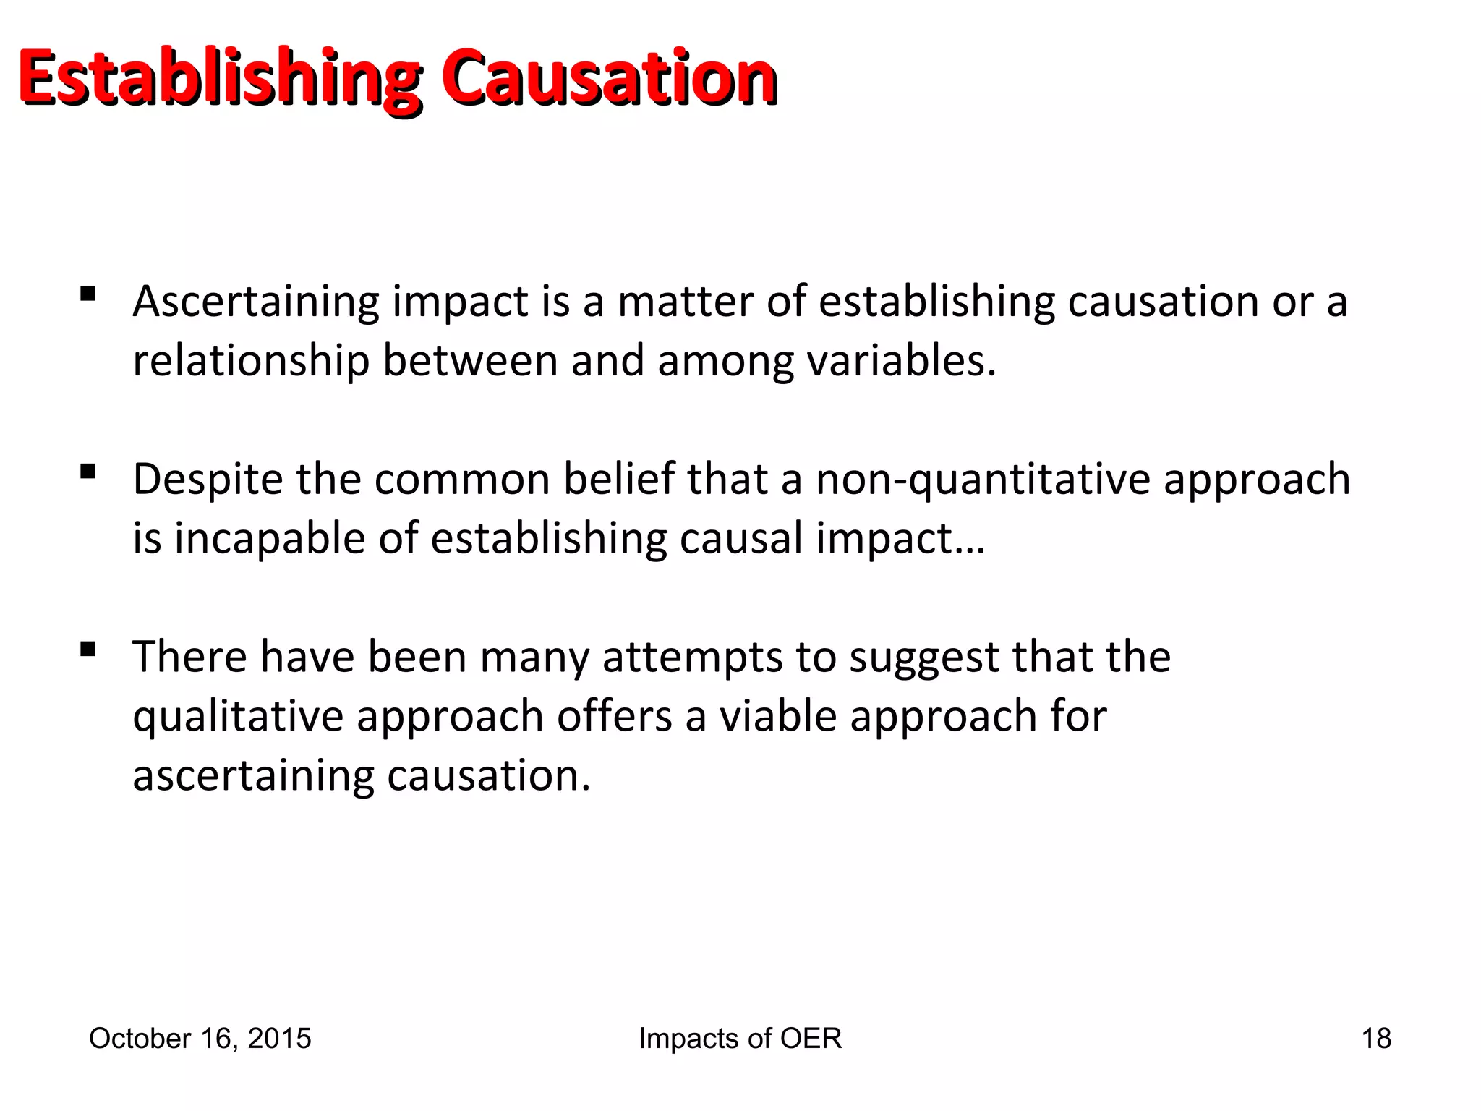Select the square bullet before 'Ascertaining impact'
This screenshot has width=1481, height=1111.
(88, 294)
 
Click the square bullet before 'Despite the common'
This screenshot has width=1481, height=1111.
(88, 472)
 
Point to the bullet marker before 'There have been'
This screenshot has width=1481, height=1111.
(88, 650)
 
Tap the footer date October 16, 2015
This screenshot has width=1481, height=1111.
(200, 1039)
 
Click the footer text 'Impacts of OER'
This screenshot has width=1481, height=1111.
(740, 1039)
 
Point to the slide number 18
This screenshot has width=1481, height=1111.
(1376, 1039)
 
